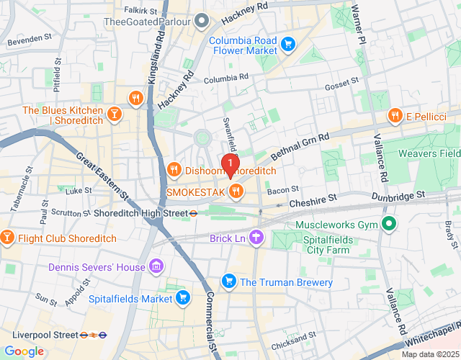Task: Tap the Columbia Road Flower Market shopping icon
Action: (287, 45)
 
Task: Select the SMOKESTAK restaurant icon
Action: (236, 192)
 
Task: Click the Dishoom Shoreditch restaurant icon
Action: (174, 170)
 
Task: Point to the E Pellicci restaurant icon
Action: (395, 115)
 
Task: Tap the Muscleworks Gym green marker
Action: (388, 225)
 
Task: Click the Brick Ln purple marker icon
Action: (257, 237)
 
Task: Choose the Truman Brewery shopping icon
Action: (229, 280)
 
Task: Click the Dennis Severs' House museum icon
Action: (156, 268)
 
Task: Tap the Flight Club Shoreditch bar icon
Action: (7, 238)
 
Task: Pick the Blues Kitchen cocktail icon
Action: (113, 114)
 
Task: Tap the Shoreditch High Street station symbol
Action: (194, 213)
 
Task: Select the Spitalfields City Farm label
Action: (322, 245)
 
